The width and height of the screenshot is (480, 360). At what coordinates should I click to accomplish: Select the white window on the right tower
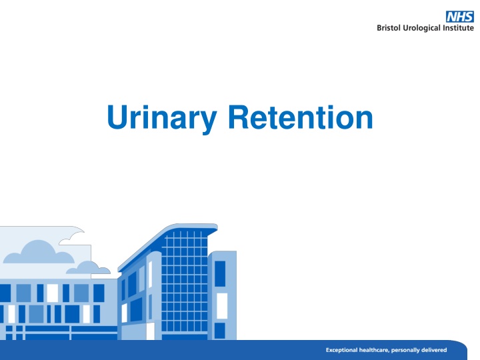[x=221, y=305]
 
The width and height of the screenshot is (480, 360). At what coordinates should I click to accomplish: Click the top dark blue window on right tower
[x=220, y=273]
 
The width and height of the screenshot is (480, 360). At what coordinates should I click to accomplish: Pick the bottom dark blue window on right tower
[x=220, y=331]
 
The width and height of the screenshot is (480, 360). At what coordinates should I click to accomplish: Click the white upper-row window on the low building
[x=52, y=293]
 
